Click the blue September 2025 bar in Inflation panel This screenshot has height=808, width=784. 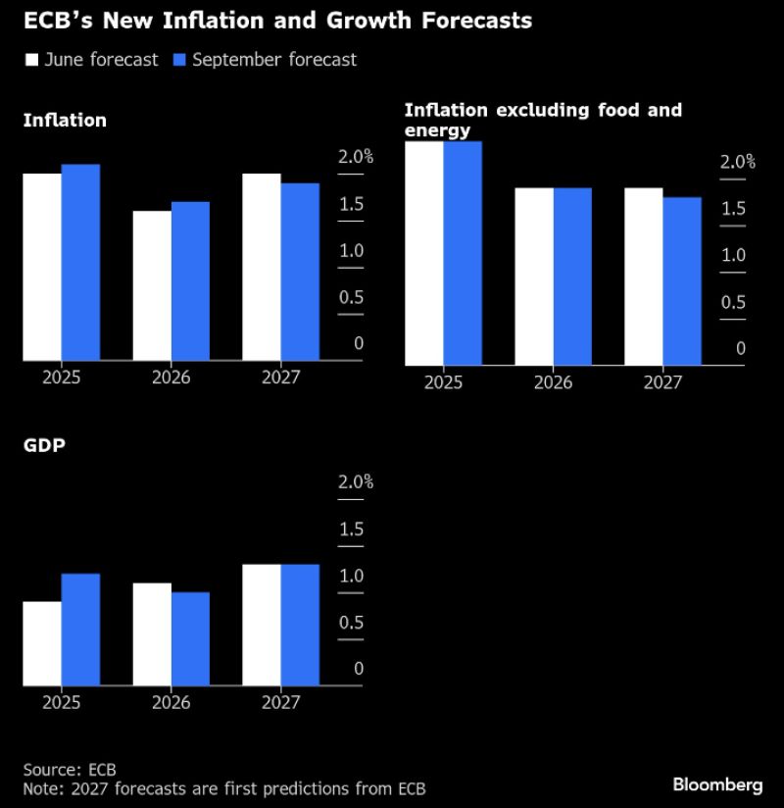point(80,262)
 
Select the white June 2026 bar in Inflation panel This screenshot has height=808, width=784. point(152,285)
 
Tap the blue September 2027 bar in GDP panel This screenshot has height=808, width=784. point(300,625)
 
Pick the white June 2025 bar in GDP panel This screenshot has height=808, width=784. point(42,643)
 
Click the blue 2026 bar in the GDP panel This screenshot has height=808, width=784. point(190,638)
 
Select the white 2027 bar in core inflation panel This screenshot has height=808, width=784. point(644,277)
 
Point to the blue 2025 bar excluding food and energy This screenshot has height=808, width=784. point(463,253)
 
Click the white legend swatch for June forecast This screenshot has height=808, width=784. point(31,60)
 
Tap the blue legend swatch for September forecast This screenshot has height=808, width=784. point(179,60)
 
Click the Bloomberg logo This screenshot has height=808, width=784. point(717,784)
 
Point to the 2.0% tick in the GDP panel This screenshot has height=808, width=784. point(356,482)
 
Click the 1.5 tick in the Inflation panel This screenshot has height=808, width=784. point(350,204)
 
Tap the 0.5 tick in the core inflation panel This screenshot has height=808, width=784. point(733,302)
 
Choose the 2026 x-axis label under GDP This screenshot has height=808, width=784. point(171,702)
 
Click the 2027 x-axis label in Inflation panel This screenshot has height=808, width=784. point(280,378)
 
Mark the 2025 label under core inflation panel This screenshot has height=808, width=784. point(443,382)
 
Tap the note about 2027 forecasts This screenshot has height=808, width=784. point(224,788)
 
